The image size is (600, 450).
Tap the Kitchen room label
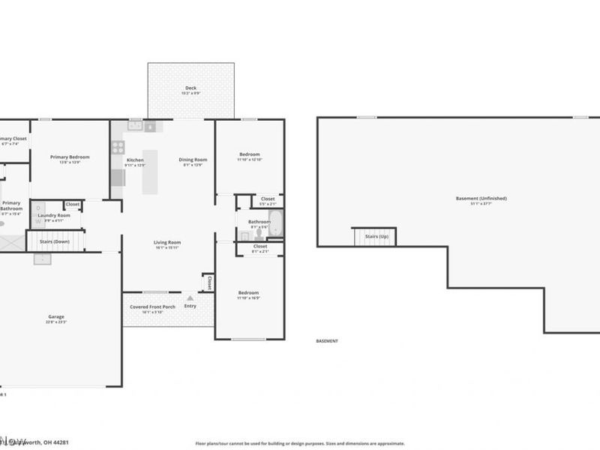tap(135, 160)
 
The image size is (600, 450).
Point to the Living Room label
tap(167, 242)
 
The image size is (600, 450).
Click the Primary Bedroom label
tap(70, 157)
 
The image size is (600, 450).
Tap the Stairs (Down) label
tap(54, 241)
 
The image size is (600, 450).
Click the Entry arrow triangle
tap(190, 298)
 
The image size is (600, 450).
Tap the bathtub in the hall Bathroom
tap(275, 223)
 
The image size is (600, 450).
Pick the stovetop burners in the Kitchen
tap(118, 147)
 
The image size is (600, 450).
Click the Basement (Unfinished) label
tap(481, 198)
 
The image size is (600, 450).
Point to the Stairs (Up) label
tap(376, 236)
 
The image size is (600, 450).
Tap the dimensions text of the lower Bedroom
tap(248, 298)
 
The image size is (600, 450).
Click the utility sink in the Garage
tap(42, 259)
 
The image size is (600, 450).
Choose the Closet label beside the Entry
tap(209, 283)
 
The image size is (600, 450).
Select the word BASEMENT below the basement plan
tap(327, 340)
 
